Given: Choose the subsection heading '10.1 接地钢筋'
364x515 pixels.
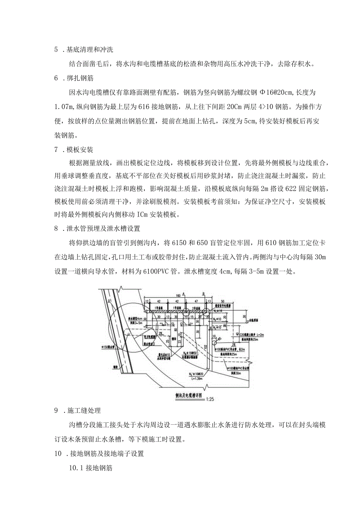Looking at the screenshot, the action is (91, 468).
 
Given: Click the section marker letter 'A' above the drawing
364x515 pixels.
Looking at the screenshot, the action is (184, 293).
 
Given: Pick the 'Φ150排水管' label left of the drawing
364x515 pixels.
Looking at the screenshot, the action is (107, 348).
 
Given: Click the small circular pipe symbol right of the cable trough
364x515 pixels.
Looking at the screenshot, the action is (214, 340).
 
